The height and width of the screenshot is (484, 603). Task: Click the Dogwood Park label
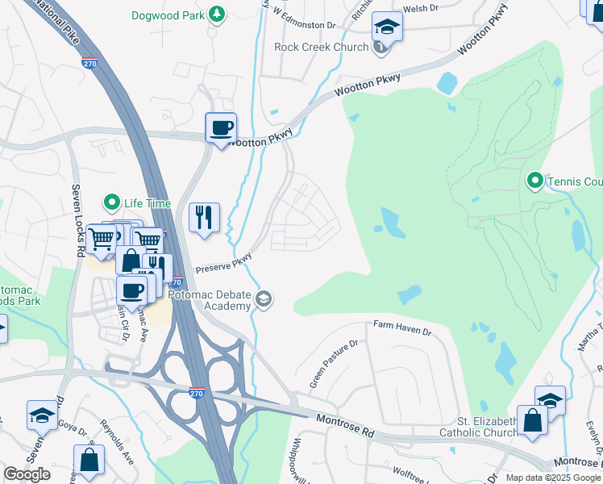tap(168, 15)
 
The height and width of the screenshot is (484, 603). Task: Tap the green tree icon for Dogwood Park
tap(216, 15)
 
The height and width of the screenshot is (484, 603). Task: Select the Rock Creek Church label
tap(321, 47)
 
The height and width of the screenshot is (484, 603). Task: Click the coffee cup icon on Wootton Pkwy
tap(221, 127)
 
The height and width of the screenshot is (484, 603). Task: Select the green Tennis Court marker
tap(534, 180)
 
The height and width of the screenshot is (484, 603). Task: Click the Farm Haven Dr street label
tap(402, 328)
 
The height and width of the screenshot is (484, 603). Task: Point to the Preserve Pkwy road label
tap(223, 265)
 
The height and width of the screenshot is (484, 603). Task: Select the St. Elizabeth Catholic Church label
tap(489, 427)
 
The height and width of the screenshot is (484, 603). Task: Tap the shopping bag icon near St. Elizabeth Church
tap(532, 420)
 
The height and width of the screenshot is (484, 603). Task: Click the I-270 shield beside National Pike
tap(89, 60)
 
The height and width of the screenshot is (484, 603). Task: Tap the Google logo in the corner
tap(27, 474)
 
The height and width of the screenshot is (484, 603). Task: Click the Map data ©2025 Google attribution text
tap(552, 478)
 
